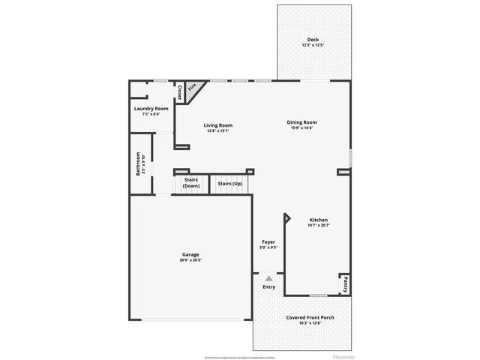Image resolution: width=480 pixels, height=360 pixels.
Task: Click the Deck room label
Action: click(313, 40)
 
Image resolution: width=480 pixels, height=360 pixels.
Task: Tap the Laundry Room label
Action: click(151, 108)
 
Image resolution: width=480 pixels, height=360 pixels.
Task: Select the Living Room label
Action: click(218, 125)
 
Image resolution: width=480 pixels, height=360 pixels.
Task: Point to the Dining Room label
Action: click(302, 122)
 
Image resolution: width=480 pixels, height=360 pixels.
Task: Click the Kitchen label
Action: click(319, 220)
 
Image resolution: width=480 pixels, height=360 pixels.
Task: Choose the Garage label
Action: click(190, 254)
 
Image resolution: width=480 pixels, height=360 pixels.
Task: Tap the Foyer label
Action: click(268, 241)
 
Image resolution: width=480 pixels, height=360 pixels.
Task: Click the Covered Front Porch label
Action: click(310, 317)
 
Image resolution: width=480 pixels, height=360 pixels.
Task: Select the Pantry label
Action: click(346, 285)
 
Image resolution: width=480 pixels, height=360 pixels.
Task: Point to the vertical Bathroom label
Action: click(138, 164)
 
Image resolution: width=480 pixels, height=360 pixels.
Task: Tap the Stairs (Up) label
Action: click(230, 184)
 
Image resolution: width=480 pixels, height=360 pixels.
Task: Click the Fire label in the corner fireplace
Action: click(192, 88)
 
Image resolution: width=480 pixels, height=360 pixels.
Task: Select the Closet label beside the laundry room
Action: click(180, 91)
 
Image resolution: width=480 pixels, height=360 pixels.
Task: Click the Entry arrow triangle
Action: click(268, 278)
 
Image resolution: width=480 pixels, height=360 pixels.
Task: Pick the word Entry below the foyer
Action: click(268, 287)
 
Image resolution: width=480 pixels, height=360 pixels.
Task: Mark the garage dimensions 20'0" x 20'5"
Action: click(190, 259)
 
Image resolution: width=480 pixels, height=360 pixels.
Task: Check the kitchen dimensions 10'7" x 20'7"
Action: click(319, 225)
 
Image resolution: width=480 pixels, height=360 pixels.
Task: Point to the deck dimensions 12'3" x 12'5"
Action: click(313, 45)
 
